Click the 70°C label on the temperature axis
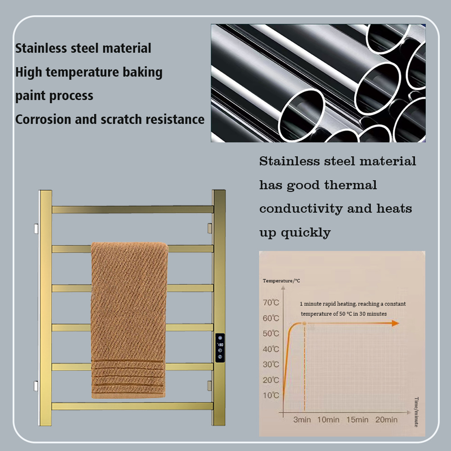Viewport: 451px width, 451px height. tap(271, 302)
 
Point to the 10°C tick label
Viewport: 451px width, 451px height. tap(271, 396)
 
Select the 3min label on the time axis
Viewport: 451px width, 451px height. tap(302, 419)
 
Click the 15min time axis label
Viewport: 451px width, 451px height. tap(357, 419)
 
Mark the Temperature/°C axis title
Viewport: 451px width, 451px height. tap(282, 281)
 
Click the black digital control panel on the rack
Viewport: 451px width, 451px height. tap(219, 348)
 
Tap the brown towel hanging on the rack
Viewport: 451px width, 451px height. tap(129, 315)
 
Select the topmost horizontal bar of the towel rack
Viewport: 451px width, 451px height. tap(132, 210)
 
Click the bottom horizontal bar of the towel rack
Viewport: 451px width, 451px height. tap(132, 406)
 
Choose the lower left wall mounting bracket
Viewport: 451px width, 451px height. tap(36, 386)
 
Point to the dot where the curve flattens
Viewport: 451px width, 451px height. tap(305, 323)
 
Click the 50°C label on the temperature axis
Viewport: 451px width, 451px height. tap(271, 333)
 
